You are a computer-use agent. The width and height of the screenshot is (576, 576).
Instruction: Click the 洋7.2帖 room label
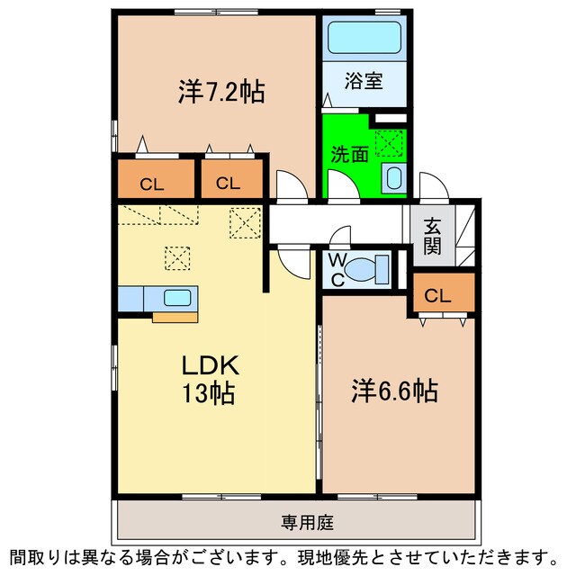click(x=220, y=92)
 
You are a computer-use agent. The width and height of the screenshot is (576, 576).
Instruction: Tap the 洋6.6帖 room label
click(x=394, y=391)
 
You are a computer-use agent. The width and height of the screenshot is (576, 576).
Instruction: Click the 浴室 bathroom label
click(x=364, y=81)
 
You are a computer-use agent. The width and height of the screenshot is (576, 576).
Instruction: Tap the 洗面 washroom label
click(x=348, y=154)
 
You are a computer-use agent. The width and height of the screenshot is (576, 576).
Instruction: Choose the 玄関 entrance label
click(x=432, y=235)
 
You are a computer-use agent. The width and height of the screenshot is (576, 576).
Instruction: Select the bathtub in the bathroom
click(x=364, y=39)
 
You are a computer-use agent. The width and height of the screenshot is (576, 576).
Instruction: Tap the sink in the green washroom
click(x=393, y=177)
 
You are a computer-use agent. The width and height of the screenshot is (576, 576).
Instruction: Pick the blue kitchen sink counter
click(x=158, y=298)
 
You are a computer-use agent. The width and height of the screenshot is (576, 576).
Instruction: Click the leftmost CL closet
click(x=152, y=184)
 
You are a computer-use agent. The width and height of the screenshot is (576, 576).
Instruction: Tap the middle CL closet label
click(x=228, y=184)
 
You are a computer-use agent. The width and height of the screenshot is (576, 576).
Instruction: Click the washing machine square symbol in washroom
click(x=390, y=143)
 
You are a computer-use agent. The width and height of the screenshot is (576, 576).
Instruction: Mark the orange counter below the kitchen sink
click(x=175, y=316)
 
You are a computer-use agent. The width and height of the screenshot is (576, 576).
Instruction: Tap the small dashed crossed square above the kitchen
click(x=178, y=259)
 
